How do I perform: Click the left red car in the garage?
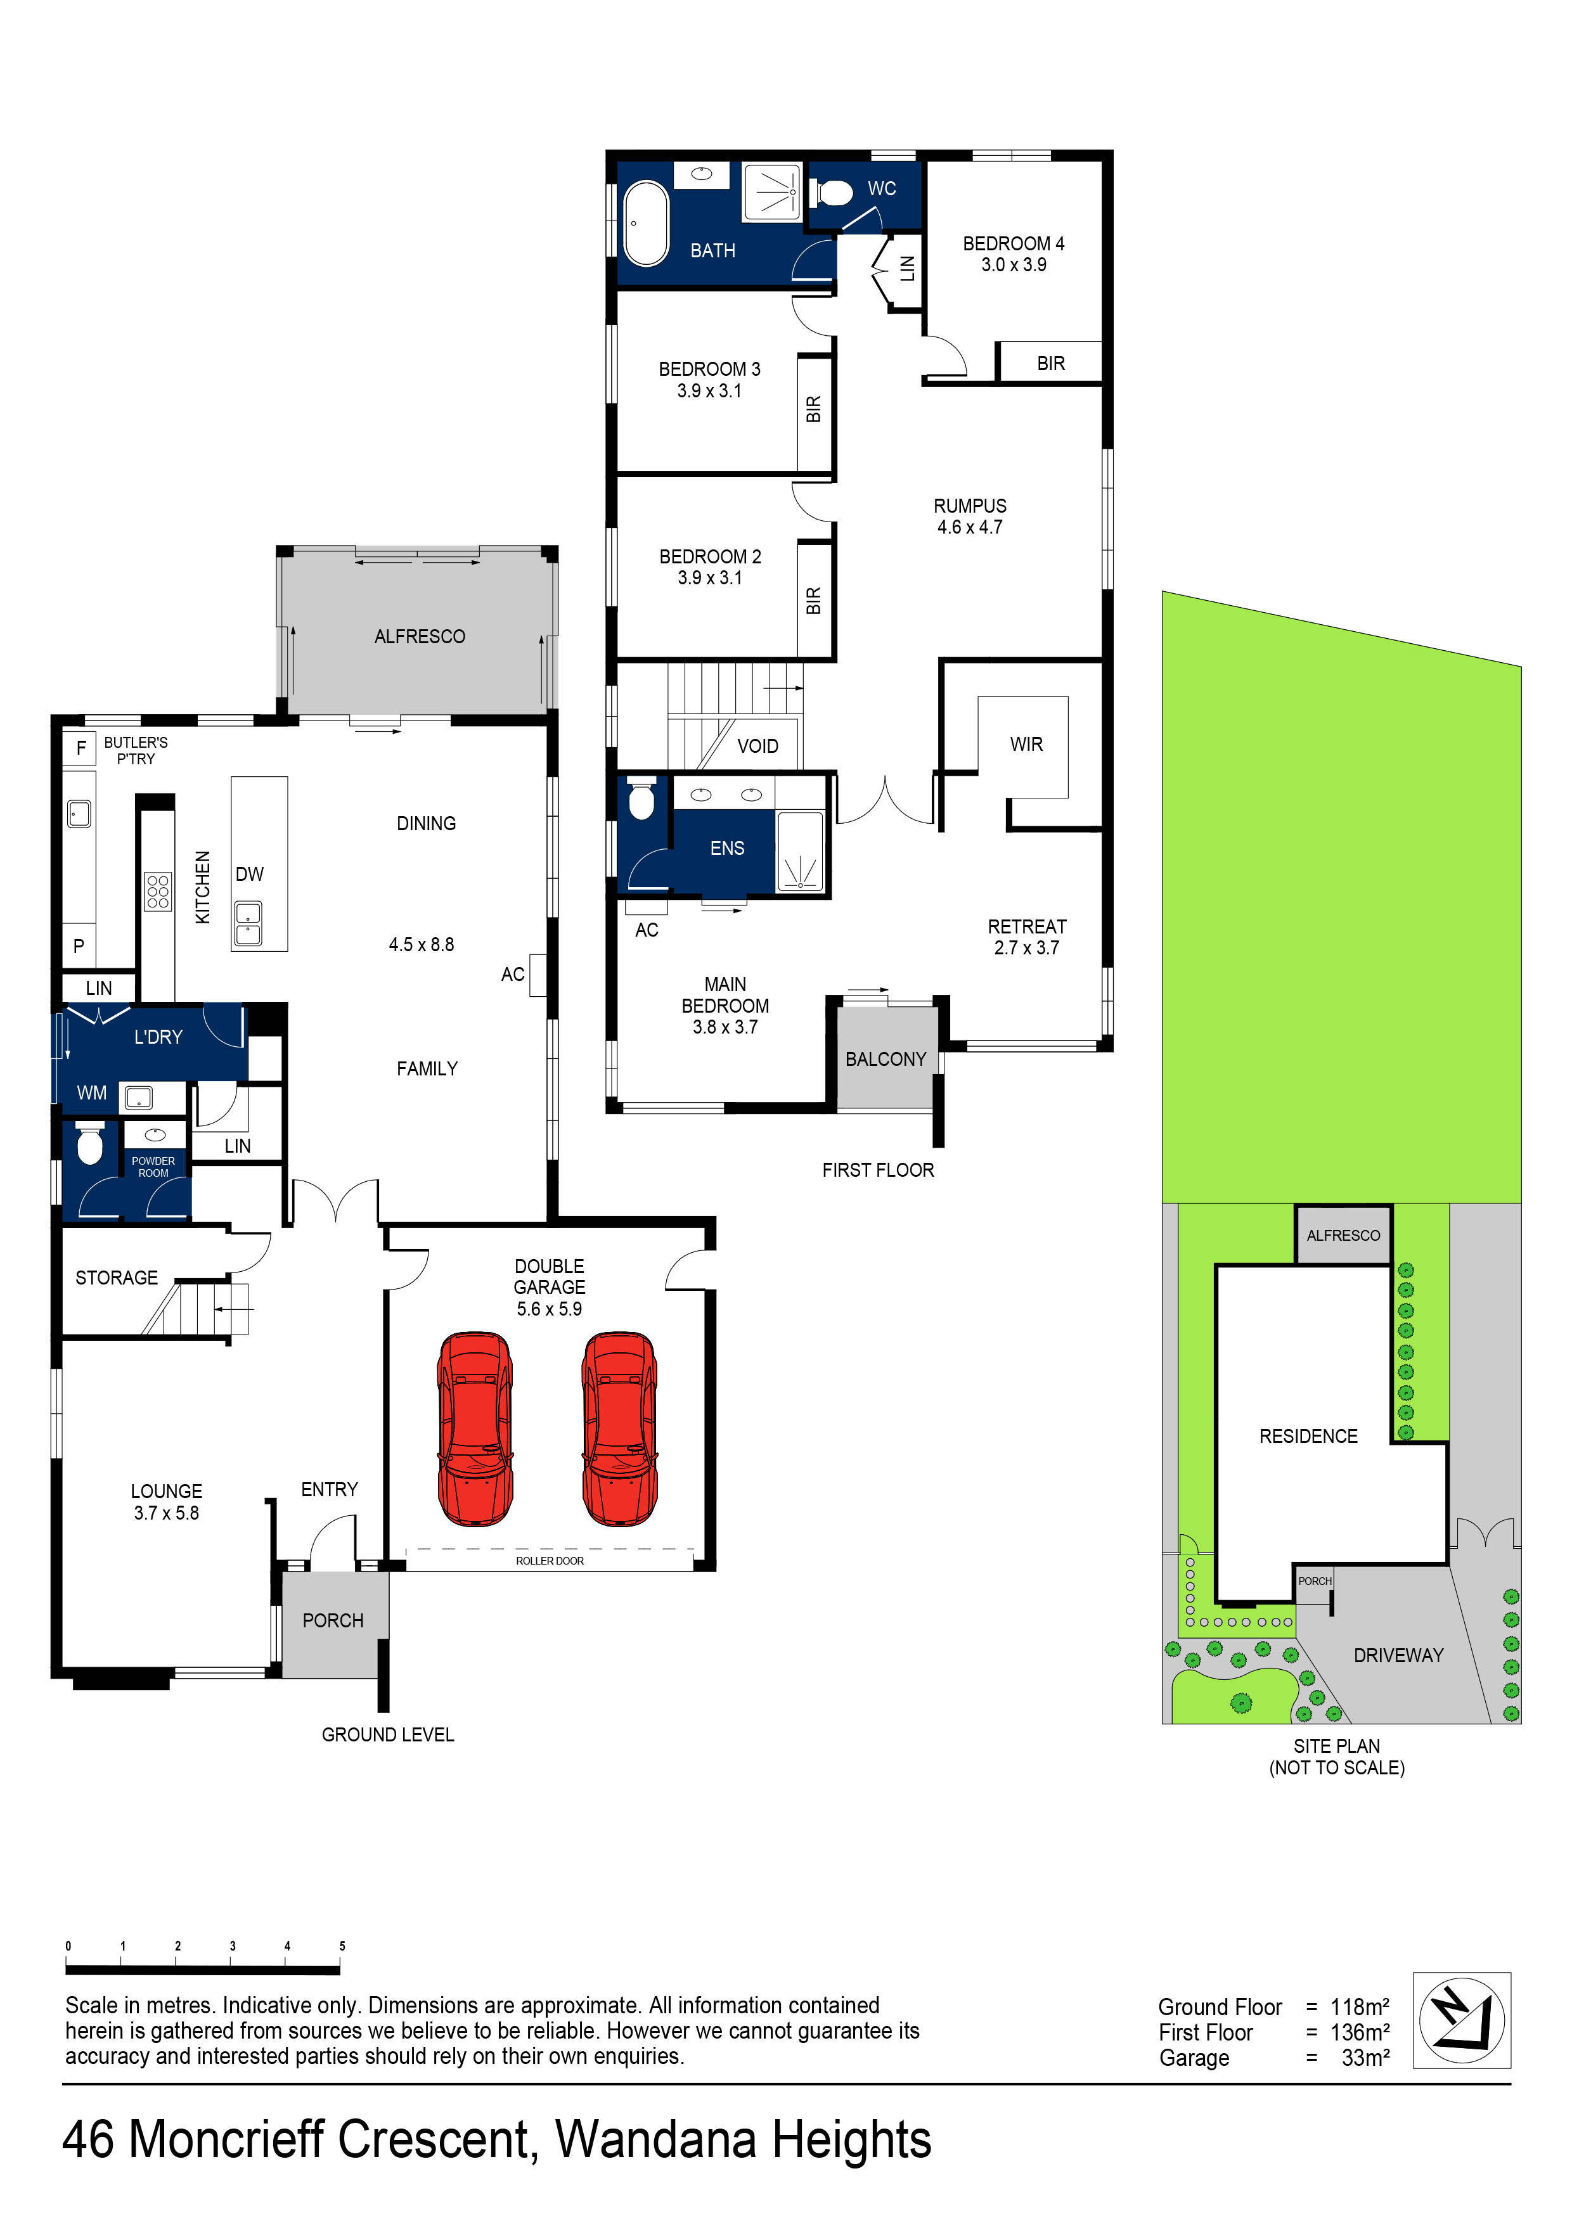(475, 1428)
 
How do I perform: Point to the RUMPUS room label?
(970, 506)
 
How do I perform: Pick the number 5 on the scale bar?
(342, 1946)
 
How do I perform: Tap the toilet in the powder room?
(90, 1145)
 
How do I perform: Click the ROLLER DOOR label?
(549, 1561)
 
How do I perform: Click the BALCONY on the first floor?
(886, 1059)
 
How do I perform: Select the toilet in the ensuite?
(642, 801)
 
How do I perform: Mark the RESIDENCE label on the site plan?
(1308, 1437)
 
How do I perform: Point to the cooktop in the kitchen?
(158, 891)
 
